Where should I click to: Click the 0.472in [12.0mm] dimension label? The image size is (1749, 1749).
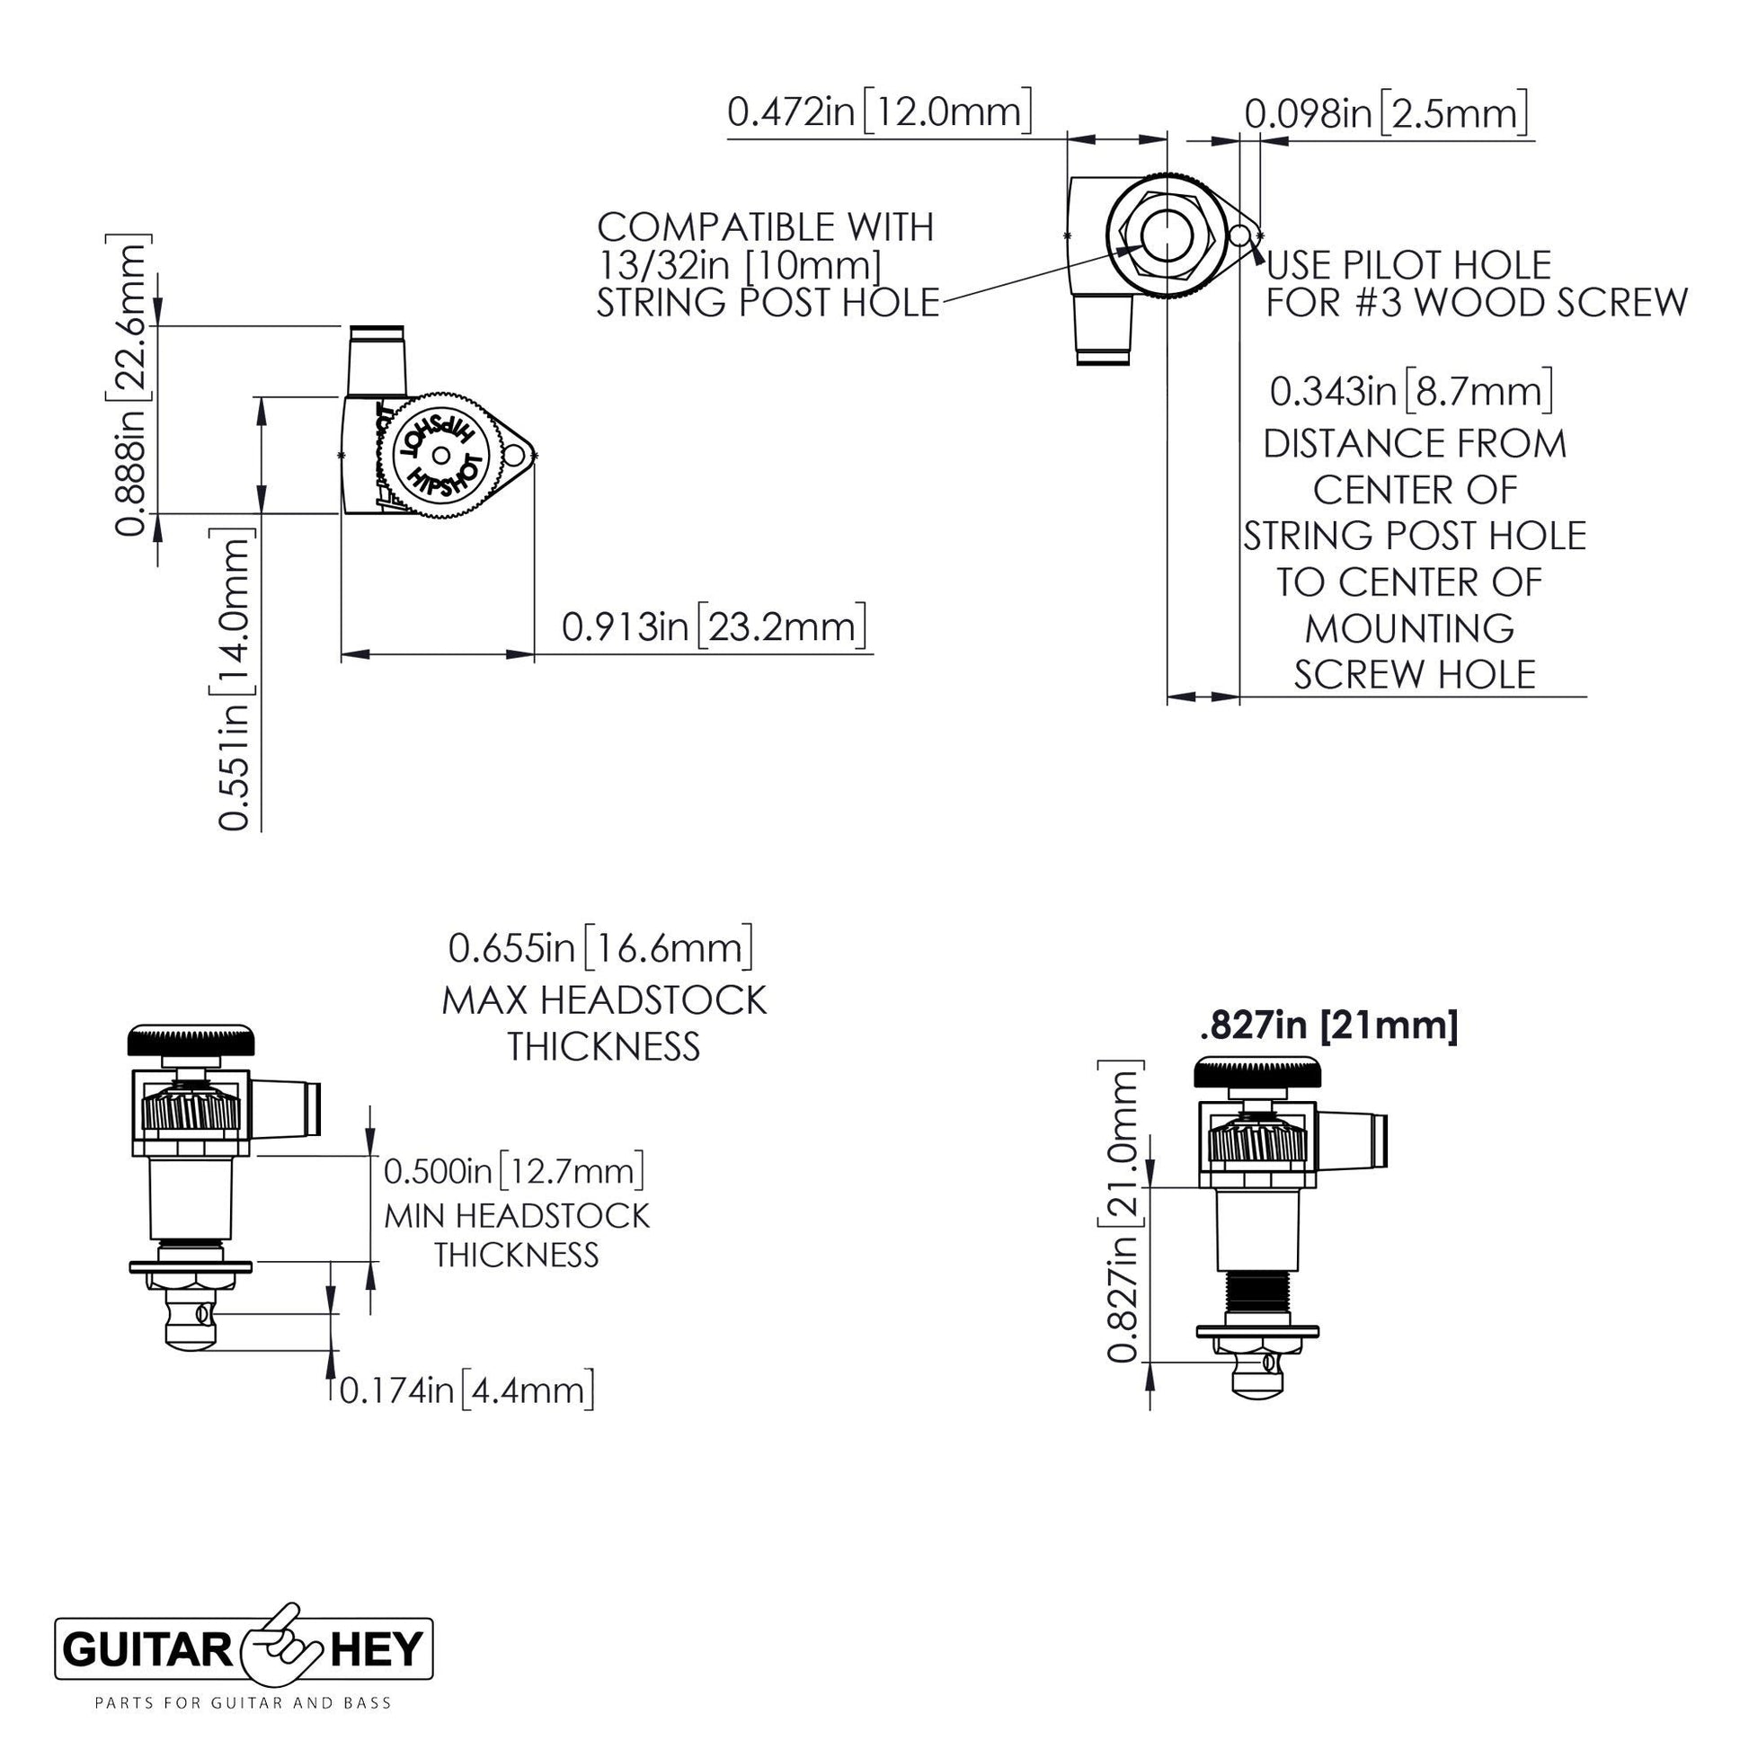tap(879, 112)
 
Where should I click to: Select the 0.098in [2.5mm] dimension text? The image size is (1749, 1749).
tap(1386, 114)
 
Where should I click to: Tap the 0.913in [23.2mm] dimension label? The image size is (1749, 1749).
tap(714, 626)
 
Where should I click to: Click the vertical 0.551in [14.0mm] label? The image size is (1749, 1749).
tap(233, 679)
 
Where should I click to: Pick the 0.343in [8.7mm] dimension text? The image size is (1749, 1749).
tap(1411, 391)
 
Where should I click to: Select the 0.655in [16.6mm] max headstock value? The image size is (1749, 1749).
tap(601, 949)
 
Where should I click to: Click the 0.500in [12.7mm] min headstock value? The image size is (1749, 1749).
tap(513, 1171)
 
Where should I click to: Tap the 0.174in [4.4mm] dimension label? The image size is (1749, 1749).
tap(466, 1390)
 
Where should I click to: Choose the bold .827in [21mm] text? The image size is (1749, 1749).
tap(1328, 1026)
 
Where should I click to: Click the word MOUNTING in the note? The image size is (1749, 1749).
tap(1409, 628)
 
